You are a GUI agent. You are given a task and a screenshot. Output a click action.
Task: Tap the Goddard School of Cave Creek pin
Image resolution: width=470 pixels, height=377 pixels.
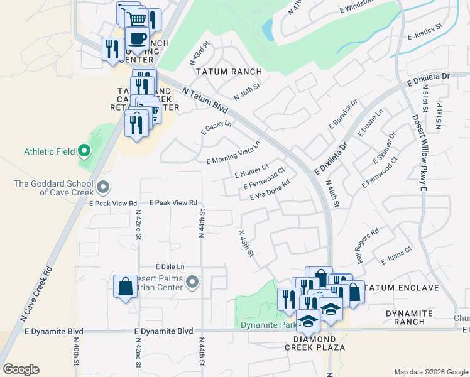click(x=104, y=187)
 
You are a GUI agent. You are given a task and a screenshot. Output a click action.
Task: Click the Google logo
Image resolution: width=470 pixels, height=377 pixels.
click(x=21, y=369)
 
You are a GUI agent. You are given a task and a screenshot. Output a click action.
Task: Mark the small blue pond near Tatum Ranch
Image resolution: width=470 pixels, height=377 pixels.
click(x=267, y=28)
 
